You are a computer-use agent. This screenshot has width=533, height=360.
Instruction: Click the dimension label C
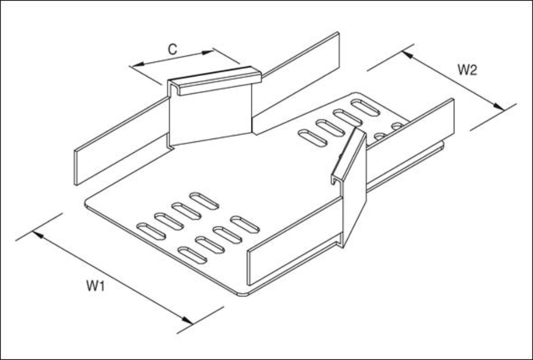[x=173, y=49]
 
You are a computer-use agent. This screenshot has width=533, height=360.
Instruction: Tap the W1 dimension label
[x=96, y=286]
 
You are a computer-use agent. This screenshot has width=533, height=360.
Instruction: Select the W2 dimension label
[x=467, y=70]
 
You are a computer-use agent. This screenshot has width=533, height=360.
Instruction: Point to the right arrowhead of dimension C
[x=208, y=52]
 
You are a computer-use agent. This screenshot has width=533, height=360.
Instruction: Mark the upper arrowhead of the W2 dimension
[x=407, y=54]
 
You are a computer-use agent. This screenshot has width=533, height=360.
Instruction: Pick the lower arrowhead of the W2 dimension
[x=499, y=107]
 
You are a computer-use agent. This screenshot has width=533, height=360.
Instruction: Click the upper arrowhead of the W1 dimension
[x=37, y=234]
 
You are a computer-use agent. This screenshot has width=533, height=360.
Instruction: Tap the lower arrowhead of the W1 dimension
[x=187, y=320]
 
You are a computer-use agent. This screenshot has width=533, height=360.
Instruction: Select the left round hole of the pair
[x=380, y=136]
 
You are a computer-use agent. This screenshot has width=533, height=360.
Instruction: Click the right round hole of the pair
[x=397, y=126]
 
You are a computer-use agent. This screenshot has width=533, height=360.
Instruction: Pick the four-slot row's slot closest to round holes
[x=365, y=107]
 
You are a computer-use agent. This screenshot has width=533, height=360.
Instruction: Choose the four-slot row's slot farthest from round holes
[x=313, y=138]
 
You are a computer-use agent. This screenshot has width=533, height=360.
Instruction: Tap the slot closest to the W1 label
[x=151, y=231]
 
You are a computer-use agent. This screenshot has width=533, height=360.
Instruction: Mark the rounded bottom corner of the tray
[x=243, y=293]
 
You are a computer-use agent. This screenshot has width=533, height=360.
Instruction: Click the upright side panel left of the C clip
[x=122, y=141]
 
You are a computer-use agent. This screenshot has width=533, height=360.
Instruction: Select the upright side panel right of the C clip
[x=296, y=83]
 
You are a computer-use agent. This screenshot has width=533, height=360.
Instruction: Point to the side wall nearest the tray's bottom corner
[x=295, y=241]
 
